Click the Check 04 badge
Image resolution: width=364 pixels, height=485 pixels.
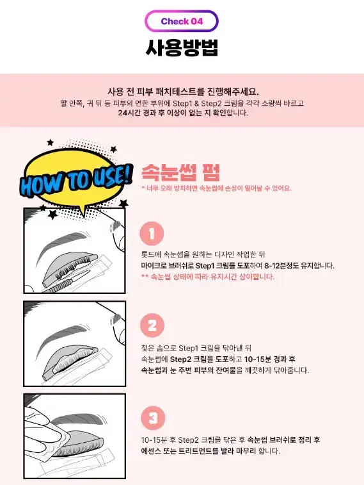click(182, 21)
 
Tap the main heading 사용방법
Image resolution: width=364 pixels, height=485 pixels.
click(182, 47)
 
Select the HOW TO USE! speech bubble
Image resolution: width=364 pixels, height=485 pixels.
click(75, 180)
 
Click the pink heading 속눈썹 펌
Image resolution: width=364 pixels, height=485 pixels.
click(180, 172)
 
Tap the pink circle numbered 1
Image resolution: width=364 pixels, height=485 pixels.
click(152, 233)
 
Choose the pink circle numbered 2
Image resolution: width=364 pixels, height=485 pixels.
click(152, 325)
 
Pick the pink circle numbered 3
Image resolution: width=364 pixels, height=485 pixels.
click(153, 418)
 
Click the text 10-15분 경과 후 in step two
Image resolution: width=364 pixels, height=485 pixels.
click(269, 359)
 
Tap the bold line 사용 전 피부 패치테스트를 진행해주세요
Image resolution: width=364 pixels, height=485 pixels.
click(183, 92)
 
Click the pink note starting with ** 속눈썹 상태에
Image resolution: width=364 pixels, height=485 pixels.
click(208, 277)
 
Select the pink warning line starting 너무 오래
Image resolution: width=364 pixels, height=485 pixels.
click(216, 188)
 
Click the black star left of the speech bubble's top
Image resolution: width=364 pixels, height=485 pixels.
click(50, 142)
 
